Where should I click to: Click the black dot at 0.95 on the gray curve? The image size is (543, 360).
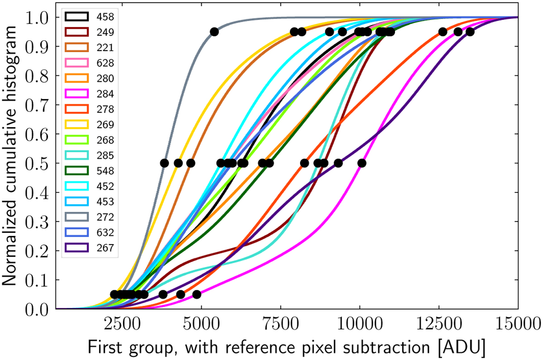click(x=214, y=32)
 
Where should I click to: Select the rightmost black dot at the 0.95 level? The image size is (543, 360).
click(x=470, y=32)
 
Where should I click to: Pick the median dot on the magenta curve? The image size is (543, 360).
click(x=362, y=163)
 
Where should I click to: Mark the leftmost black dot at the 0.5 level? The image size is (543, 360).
click(x=165, y=163)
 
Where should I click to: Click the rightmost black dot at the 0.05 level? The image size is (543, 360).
click(x=196, y=294)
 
